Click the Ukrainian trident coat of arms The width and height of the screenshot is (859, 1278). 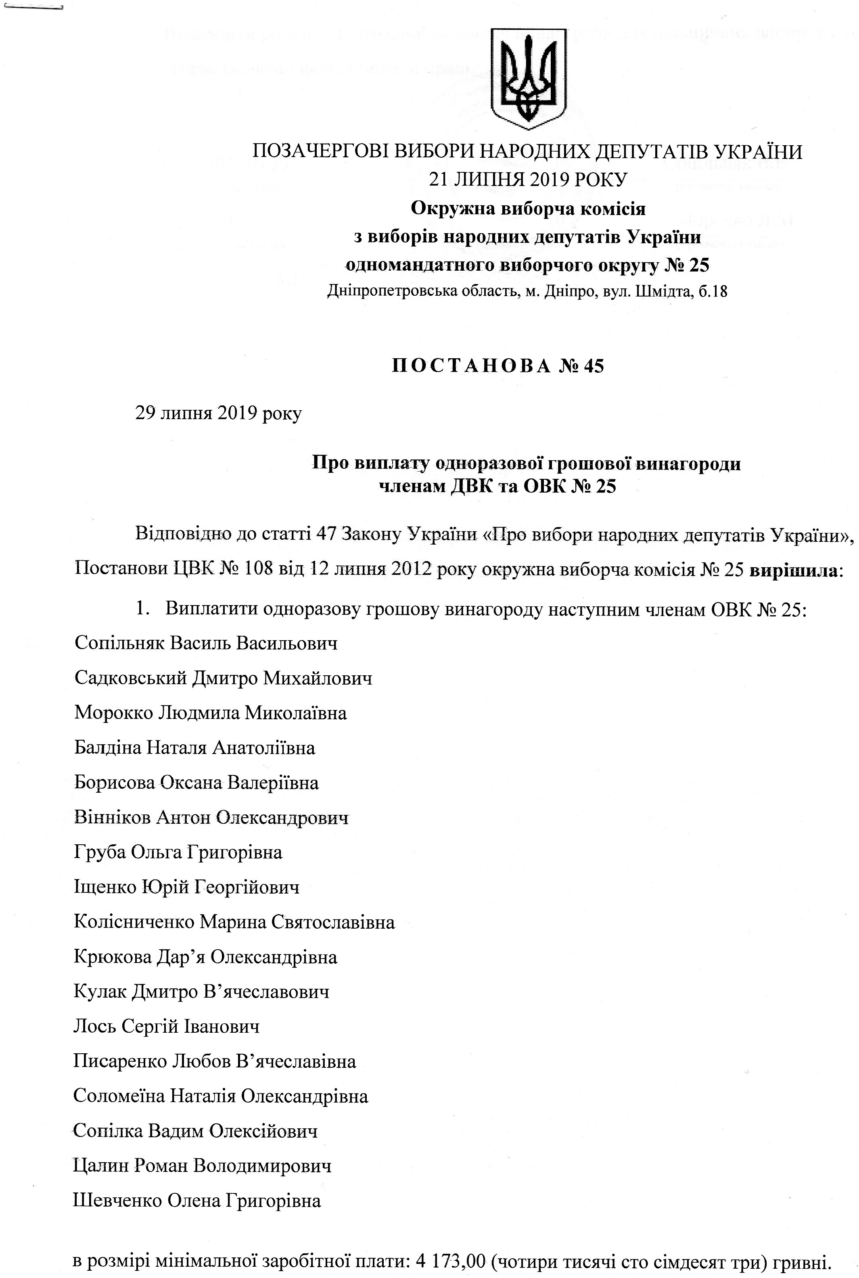(x=528, y=78)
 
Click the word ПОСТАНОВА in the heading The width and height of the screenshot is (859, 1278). (x=472, y=366)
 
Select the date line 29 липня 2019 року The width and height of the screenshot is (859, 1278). (x=218, y=413)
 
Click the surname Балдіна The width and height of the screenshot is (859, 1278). (x=107, y=748)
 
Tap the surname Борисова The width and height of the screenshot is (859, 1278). (x=114, y=782)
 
